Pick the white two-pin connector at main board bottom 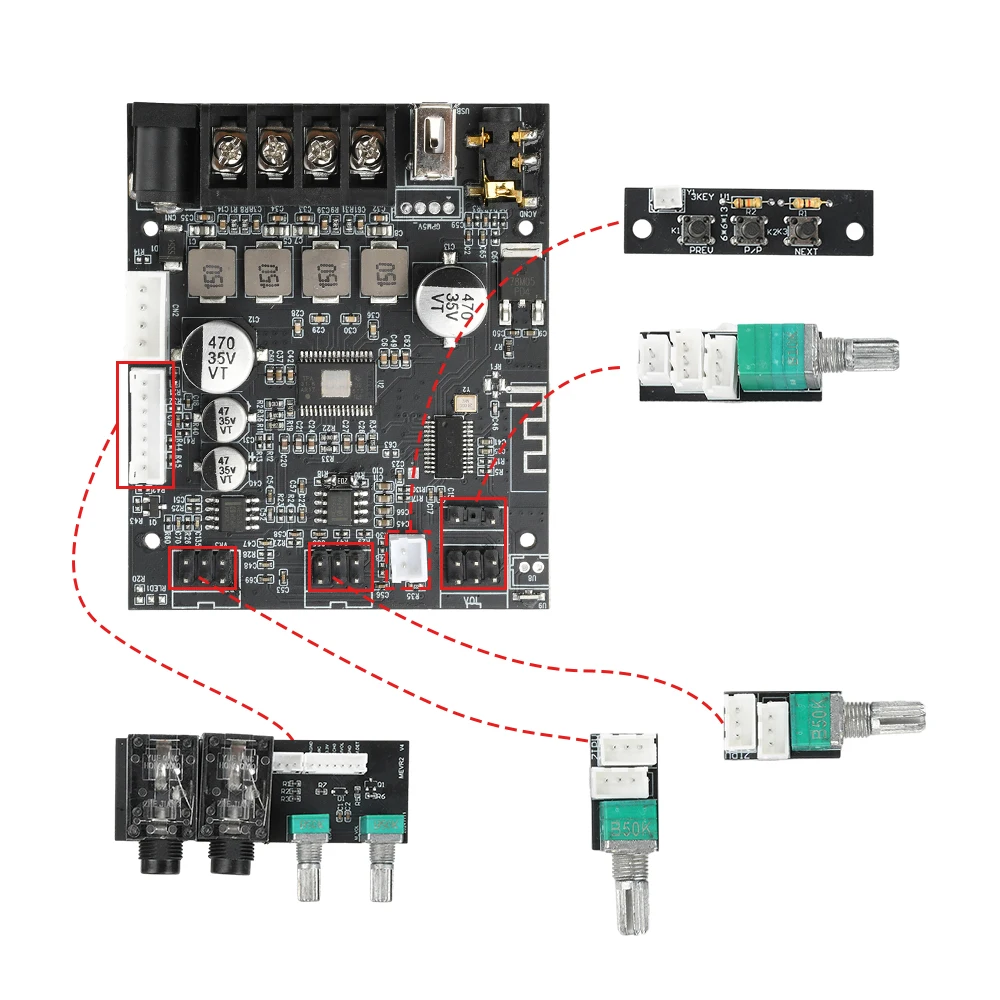(x=408, y=560)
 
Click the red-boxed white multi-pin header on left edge (x=146, y=424)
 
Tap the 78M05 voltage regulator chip (x=522, y=296)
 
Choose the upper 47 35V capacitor (x=227, y=420)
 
